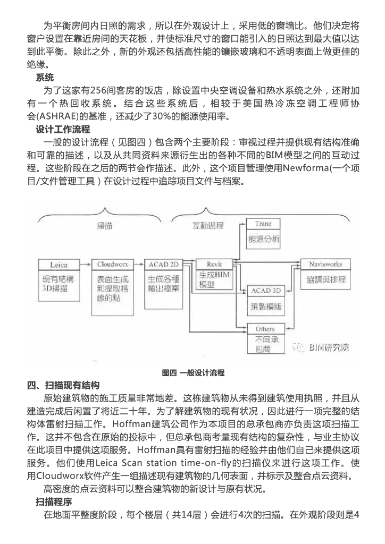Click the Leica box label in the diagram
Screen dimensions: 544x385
[58, 264]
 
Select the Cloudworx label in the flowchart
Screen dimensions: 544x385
[110, 264]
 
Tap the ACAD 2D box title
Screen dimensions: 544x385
[163, 264]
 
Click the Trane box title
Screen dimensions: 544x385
[263, 224]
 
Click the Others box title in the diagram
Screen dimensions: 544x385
[265, 329]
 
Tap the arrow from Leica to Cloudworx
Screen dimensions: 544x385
[85, 264]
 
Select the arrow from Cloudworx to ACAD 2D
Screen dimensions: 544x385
[137, 264]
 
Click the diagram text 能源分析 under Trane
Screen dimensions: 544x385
[263, 239]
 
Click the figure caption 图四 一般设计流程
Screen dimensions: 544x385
[193, 372]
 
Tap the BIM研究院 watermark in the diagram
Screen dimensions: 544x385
[330, 348]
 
